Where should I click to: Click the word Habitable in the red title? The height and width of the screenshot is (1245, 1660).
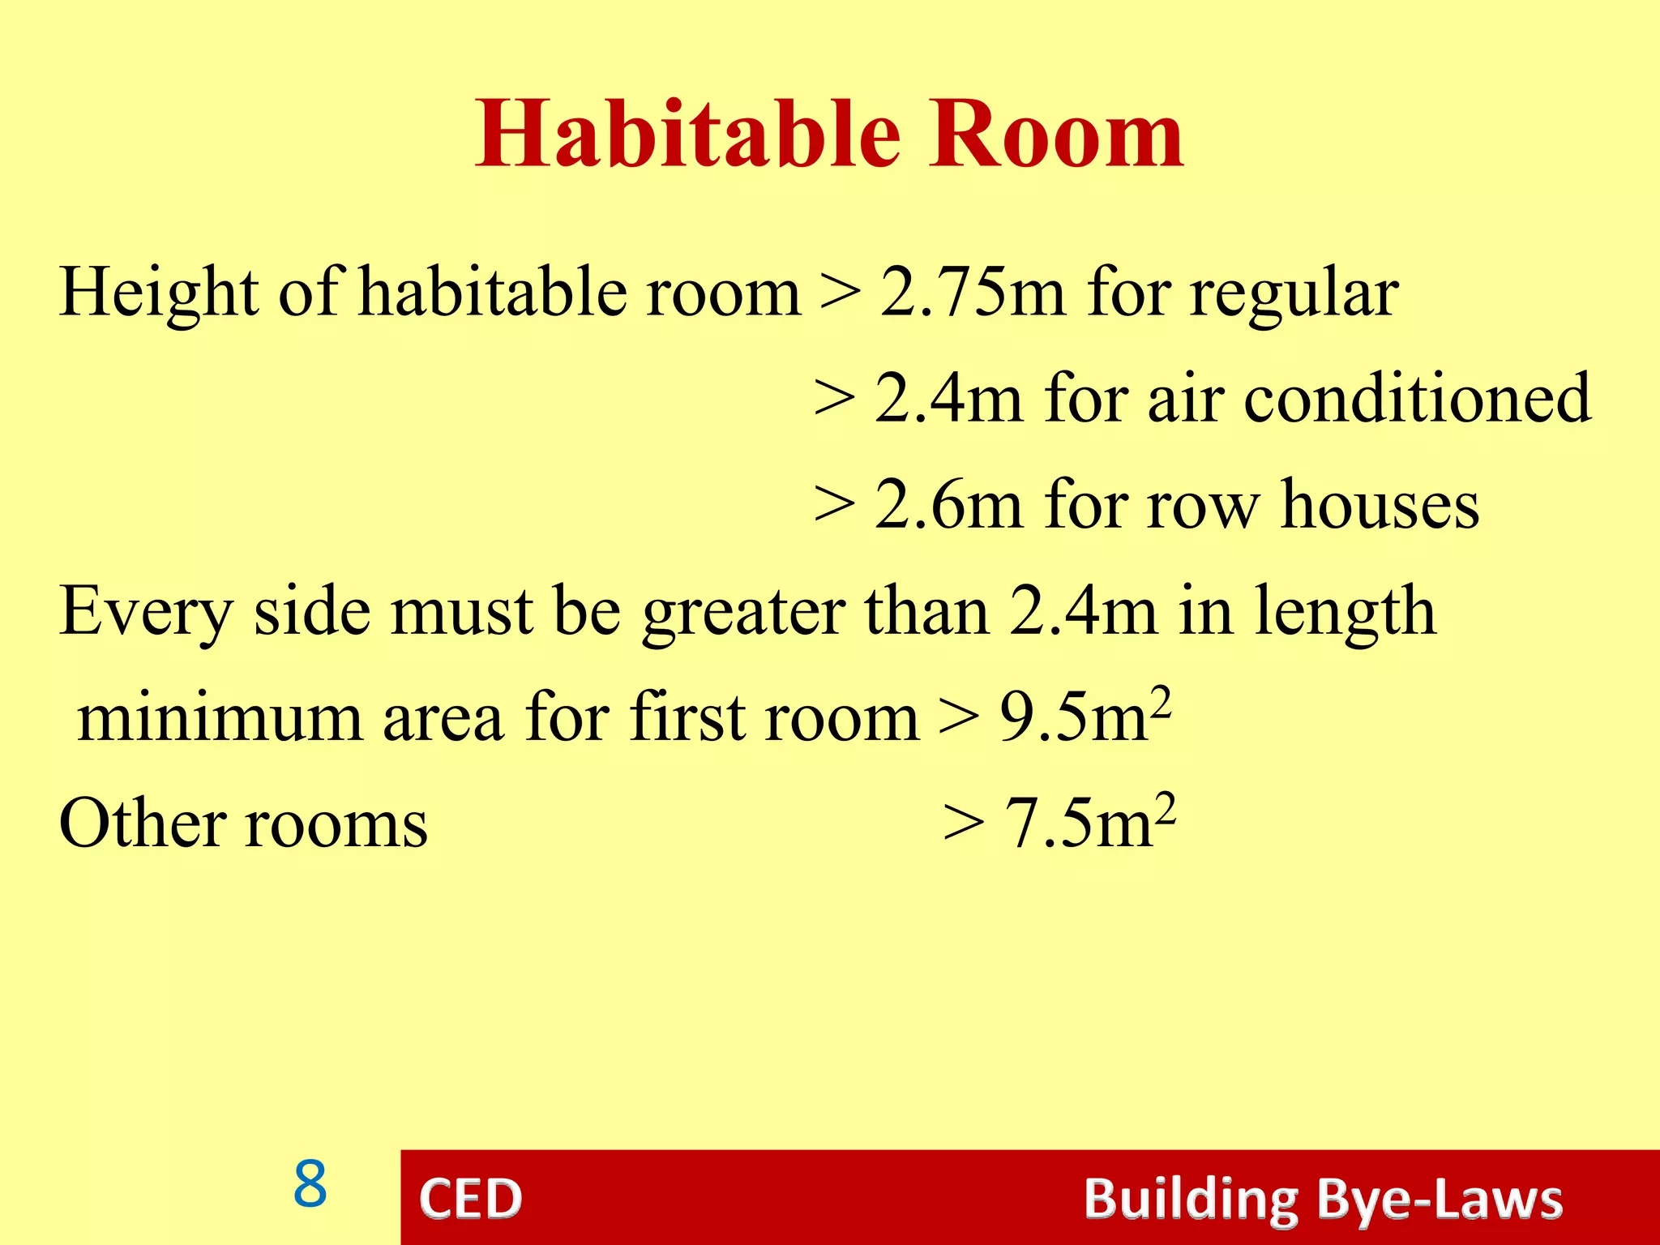[x=687, y=134]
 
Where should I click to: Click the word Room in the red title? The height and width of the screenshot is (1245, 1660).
[x=1056, y=134]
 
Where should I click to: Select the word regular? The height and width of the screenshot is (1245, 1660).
[x=1294, y=293]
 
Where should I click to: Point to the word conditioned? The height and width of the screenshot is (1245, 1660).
[x=1418, y=398]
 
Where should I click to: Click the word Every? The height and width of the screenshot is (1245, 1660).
[x=146, y=612]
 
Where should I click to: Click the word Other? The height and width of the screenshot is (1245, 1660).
[x=143, y=823]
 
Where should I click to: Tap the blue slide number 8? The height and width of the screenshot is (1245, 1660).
[x=310, y=1184]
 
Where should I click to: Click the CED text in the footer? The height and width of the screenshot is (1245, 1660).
[x=470, y=1199]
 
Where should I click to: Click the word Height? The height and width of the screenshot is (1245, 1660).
[x=159, y=293]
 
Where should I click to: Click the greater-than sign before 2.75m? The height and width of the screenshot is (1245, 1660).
[x=840, y=293]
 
